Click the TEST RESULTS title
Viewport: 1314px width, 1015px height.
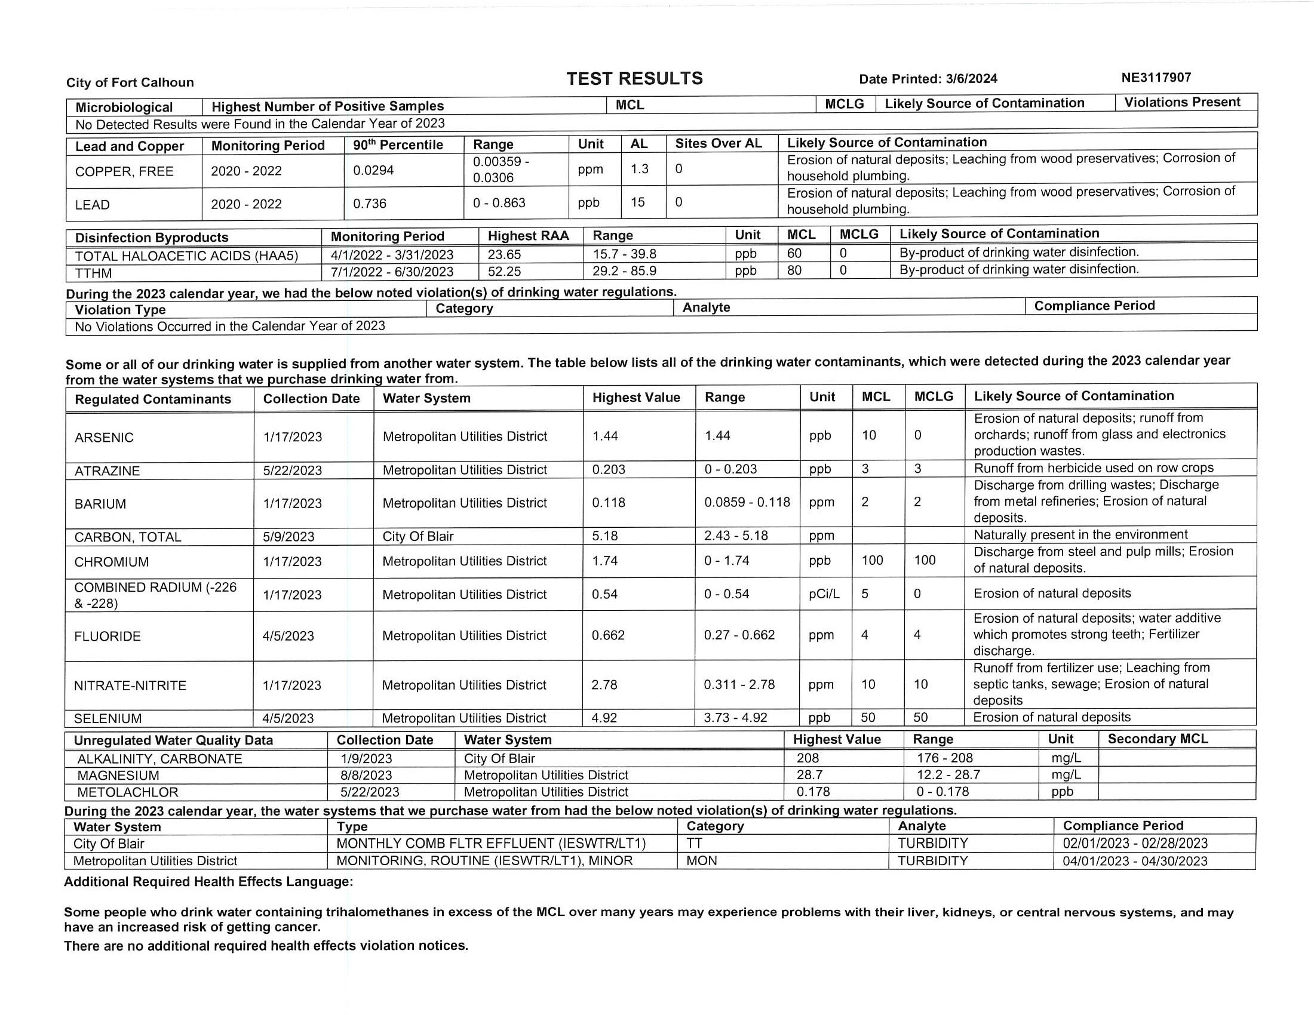634,79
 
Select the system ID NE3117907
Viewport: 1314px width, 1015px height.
1156,78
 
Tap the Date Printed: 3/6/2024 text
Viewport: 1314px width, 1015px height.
928,79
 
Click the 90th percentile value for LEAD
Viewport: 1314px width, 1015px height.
369,204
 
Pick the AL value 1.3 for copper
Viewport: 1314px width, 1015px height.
639,169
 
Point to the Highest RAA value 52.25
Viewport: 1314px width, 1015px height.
504,272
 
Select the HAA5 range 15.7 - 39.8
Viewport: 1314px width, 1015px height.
624,254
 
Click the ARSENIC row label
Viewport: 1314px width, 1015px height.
104,438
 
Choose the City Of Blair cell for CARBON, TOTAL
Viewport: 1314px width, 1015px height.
417,536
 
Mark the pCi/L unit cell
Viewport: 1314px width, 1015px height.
824,594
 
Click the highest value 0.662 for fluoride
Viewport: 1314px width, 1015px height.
607,636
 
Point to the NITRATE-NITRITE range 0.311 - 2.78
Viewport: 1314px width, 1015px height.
739,685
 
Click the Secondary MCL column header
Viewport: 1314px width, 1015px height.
1158,739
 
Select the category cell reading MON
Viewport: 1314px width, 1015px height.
702,861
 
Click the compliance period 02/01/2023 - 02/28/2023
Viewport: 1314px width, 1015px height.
1135,844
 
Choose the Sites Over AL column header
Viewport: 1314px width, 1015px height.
718,144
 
